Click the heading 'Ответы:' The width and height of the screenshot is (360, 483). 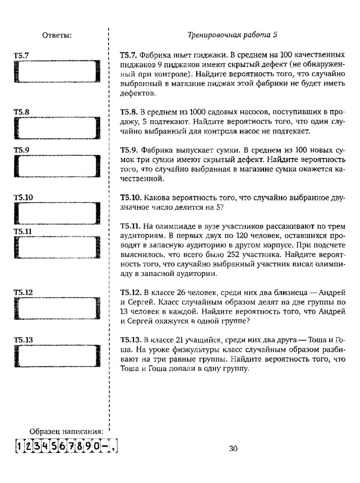[x=57, y=35]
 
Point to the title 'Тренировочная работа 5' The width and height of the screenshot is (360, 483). [x=232, y=35]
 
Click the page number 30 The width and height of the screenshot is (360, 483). [x=233, y=449]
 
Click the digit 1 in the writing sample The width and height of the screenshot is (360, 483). [x=18, y=446]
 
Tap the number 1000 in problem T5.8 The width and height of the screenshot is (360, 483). [x=197, y=112]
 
